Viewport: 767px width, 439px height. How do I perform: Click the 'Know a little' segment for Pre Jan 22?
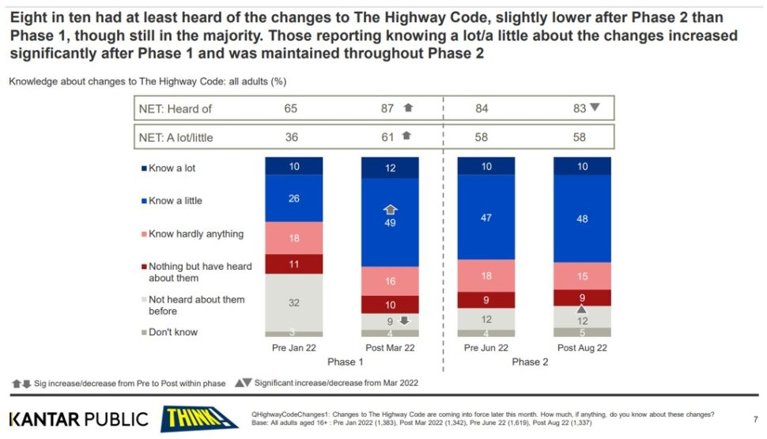pos(294,199)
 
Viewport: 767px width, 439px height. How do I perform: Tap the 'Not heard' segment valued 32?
pos(294,302)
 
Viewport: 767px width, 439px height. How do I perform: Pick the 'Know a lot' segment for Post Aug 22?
pos(582,166)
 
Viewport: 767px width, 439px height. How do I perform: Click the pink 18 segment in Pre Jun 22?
pos(486,275)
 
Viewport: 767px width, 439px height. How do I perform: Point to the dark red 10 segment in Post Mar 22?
pos(389,305)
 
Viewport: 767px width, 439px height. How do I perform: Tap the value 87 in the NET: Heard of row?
pos(387,108)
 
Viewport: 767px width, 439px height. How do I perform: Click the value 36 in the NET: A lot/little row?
pos(291,137)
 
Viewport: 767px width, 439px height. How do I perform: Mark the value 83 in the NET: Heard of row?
pos(580,108)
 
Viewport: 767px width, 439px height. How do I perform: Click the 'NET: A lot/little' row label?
pos(179,137)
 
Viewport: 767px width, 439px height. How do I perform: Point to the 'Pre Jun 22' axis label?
pos(486,348)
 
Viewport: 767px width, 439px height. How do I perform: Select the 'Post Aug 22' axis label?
pos(582,348)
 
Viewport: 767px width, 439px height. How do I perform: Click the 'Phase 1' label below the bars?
pos(341,362)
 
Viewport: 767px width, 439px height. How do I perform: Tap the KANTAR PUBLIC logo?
pos(78,418)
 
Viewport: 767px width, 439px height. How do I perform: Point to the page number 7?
pos(754,418)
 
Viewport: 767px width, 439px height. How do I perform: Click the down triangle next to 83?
pos(595,108)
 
